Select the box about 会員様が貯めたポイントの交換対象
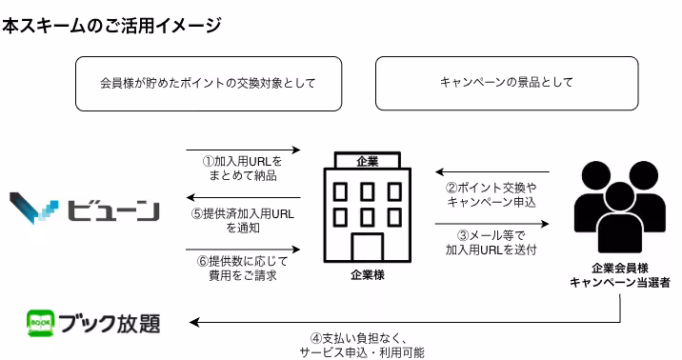click(208, 83)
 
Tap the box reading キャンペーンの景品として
click(506, 83)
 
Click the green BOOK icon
click(41, 322)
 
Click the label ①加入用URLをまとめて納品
click(242, 169)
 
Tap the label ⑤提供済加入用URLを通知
click(242, 221)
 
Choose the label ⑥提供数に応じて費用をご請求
click(242, 268)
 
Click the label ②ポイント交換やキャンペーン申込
click(492, 194)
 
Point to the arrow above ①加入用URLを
click(242, 150)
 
